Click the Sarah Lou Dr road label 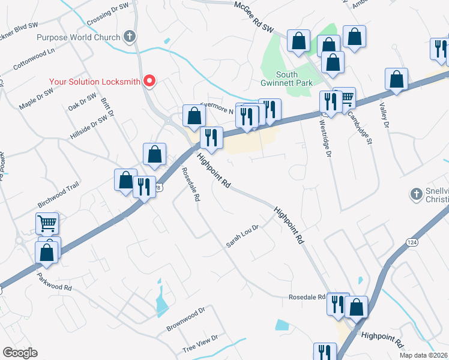click(242, 236)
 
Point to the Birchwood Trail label click(59, 187)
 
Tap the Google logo click(20, 353)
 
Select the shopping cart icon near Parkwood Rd click(47, 224)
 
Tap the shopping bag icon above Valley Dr click(396, 79)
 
